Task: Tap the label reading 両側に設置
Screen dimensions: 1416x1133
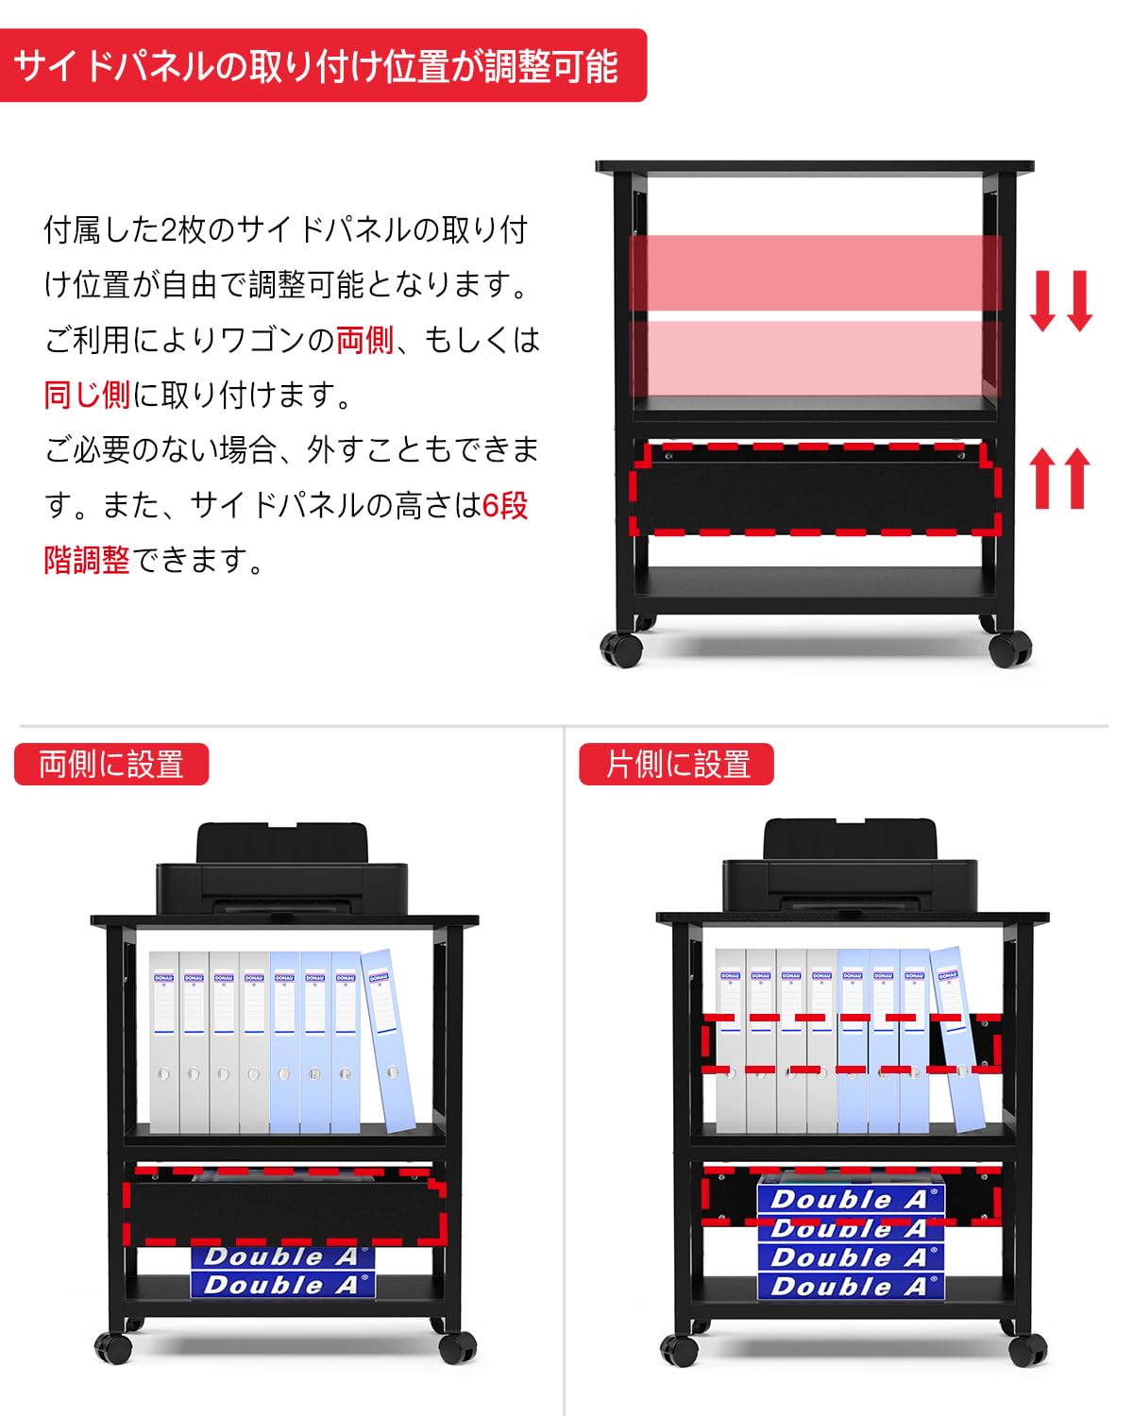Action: pos(111,765)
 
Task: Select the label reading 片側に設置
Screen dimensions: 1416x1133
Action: pos(676,765)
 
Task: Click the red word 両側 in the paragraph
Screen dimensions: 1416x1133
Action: pos(364,340)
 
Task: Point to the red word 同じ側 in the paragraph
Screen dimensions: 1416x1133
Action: pos(87,395)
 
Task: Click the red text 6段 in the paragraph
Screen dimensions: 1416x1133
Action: pos(504,506)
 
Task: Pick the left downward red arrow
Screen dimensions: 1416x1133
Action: pos(1042,300)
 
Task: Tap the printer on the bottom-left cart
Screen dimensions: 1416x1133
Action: pos(281,872)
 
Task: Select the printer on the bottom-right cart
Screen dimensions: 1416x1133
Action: pos(848,870)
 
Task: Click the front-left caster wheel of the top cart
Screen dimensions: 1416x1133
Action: pos(621,649)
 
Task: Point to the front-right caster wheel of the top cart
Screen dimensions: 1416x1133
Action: pos(1010,649)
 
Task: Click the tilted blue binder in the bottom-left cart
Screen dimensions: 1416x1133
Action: pos(389,1038)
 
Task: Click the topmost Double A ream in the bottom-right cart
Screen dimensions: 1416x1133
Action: pos(850,1199)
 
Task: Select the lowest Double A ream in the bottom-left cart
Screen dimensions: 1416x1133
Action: pos(282,1285)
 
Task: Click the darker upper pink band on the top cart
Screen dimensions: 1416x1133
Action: pos(816,272)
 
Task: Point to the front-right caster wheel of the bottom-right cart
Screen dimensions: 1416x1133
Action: pos(1026,1350)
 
